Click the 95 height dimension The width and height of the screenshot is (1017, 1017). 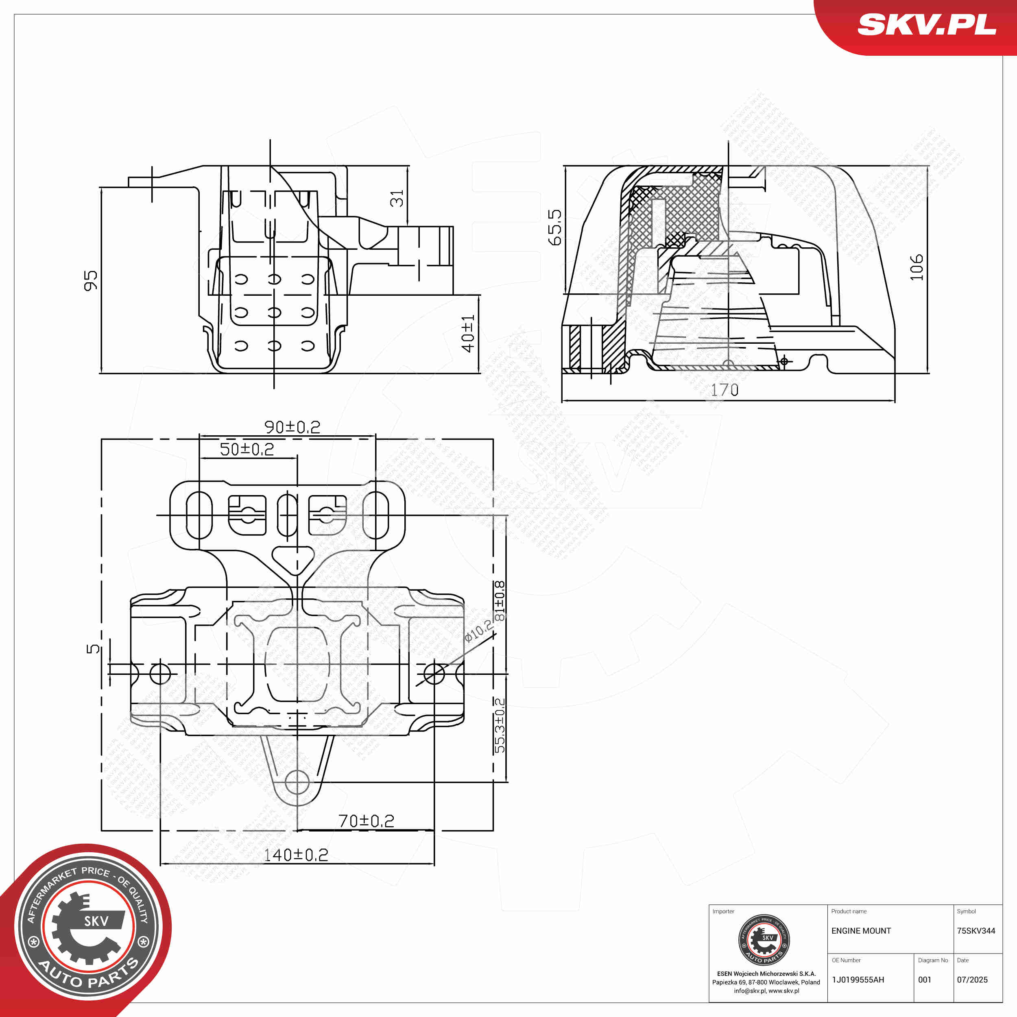pos(91,281)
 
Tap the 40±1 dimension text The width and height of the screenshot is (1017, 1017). pos(467,334)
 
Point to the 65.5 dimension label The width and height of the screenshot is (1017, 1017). pos(555,227)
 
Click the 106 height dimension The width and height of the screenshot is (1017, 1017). pos(917,267)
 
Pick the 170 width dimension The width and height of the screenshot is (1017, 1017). pos(725,390)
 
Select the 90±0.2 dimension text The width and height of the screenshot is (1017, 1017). pos(292,427)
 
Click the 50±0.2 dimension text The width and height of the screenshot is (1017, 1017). pos(247,449)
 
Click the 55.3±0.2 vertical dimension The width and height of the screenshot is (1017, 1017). pos(500,725)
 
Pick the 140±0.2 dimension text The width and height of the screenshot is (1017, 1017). pos(296,855)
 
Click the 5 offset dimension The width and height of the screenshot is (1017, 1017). pos(93,648)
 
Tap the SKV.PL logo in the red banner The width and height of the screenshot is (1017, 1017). pos(926,25)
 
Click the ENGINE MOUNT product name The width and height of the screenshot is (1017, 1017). pos(861,931)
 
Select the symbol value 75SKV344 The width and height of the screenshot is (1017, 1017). pos(976,931)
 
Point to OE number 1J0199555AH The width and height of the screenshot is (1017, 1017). pos(858,980)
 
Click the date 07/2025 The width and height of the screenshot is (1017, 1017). pos(972,980)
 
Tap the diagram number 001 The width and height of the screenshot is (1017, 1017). pos(925,980)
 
